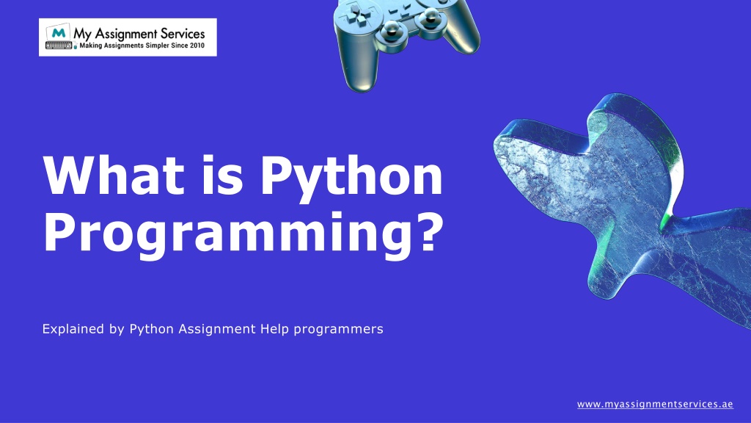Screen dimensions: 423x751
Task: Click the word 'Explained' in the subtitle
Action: click(73, 329)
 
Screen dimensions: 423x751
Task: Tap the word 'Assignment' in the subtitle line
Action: click(218, 329)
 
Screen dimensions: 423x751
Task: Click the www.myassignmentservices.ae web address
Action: click(655, 405)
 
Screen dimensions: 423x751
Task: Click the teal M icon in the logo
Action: click(57, 33)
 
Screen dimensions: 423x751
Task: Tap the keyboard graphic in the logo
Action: click(58, 46)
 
